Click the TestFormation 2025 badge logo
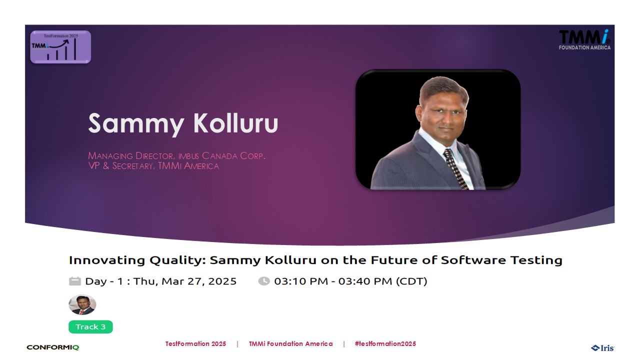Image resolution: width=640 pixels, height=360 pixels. (60, 47)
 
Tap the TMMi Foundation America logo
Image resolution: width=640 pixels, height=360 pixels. (584, 39)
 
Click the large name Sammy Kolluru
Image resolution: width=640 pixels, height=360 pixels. (183, 123)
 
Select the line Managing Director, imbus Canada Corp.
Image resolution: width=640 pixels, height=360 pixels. (176, 155)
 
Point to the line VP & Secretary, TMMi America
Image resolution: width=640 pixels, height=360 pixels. (153, 166)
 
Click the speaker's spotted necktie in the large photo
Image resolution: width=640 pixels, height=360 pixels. (455, 168)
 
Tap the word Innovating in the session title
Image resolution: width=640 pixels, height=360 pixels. (106, 260)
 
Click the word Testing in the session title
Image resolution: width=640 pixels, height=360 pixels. (536, 260)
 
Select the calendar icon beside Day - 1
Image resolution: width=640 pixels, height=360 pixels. (75, 281)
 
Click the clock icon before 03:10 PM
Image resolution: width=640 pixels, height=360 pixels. (264, 281)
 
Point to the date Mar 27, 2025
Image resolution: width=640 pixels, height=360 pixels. (199, 281)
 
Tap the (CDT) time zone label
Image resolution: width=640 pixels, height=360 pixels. (411, 281)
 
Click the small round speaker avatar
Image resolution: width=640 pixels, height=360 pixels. (82, 304)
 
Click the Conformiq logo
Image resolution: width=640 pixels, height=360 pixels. (53, 347)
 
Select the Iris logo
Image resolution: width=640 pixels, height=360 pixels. (602, 348)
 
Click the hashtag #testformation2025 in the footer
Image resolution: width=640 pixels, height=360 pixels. (385, 343)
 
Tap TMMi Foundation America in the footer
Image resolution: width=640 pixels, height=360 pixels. (291, 343)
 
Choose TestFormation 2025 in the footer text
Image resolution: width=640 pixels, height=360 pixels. (195, 343)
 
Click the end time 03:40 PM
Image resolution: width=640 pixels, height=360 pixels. (365, 281)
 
